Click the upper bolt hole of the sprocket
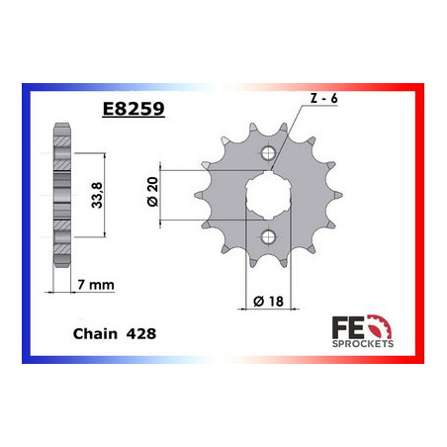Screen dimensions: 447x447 (268, 152)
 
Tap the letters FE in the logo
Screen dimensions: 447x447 (361, 325)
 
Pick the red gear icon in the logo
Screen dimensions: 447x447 (388, 325)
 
